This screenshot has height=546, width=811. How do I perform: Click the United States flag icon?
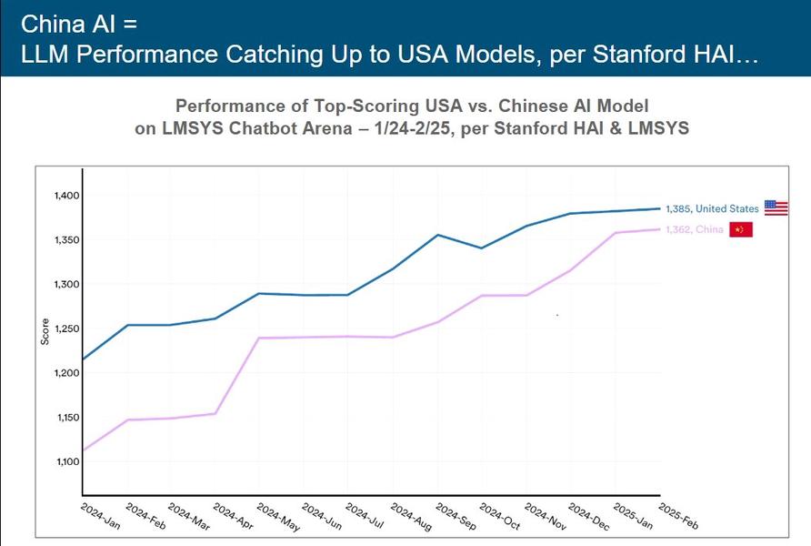pyautogui.click(x=776, y=207)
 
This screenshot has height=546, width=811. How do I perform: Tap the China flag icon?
pyautogui.click(x=741, y=229)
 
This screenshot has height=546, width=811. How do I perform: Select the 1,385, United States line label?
pyautogui.click(x=712, y=208)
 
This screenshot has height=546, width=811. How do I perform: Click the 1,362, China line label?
pyautogui.click(x=695, y=230)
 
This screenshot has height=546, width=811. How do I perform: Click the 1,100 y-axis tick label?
pyautogui.click(x=61, y=461)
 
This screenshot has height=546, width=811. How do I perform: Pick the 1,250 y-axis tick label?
pyautogui.click(x=61, y=329)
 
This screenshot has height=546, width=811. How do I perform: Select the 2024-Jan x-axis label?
pyautogui.click(x=97, y=515)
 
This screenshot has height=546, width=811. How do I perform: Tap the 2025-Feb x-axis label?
pyautogui.click(x=676, y=515)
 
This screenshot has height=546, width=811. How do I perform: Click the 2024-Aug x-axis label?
pyautogui.click(x=409, y=515)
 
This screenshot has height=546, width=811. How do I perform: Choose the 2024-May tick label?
pyautogui.click(x=275, y=515)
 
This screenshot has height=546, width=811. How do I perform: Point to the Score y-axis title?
pyautogui.click(x=45, y=329)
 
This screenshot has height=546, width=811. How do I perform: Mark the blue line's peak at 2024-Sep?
pyautogui.click(x=438, y=235)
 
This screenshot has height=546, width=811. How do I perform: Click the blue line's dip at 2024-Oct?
pyautogui.click(x=482, y=248)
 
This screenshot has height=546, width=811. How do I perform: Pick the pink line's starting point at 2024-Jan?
pyautogui.click(x=83, y=450)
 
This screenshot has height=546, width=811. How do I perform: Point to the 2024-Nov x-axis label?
pyautogui.click(x=543, y=515)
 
